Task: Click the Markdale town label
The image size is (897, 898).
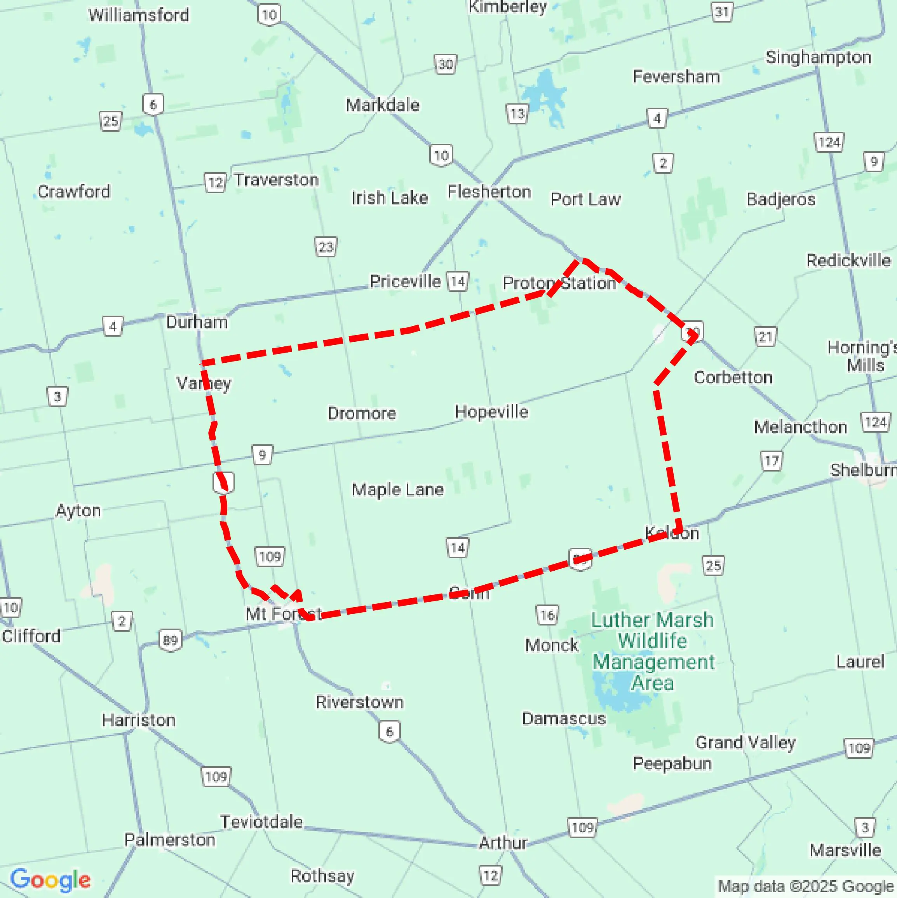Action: [x=382, y=105]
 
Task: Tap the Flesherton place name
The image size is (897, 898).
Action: [x=489, y=192]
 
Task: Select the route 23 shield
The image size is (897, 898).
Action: [x=326, y=246]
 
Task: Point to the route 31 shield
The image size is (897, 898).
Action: [x=722, y=12]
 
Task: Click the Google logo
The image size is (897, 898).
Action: [x=50, y=879]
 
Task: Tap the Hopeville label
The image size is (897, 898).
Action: [x=491, y=412]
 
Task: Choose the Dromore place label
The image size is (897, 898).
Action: [x=362, y=413]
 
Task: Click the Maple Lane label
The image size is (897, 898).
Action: [x=398, y=489]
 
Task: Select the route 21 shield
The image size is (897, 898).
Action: [x=765, y=337]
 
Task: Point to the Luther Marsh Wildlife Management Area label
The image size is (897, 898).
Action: [x=653, y=651]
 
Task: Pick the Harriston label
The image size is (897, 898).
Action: [x=138, y=720]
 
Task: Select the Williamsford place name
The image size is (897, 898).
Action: [x=139, y=15]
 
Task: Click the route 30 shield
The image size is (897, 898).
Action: [x=445, y=64]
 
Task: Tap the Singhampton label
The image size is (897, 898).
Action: [x=818, y=57]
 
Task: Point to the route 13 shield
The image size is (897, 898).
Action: [x=517, y=114]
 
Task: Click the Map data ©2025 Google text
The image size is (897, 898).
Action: [x=806, y=886]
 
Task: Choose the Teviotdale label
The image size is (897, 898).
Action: [x=261, y=822]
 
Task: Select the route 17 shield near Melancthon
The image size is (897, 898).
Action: [x=772, y=461]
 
